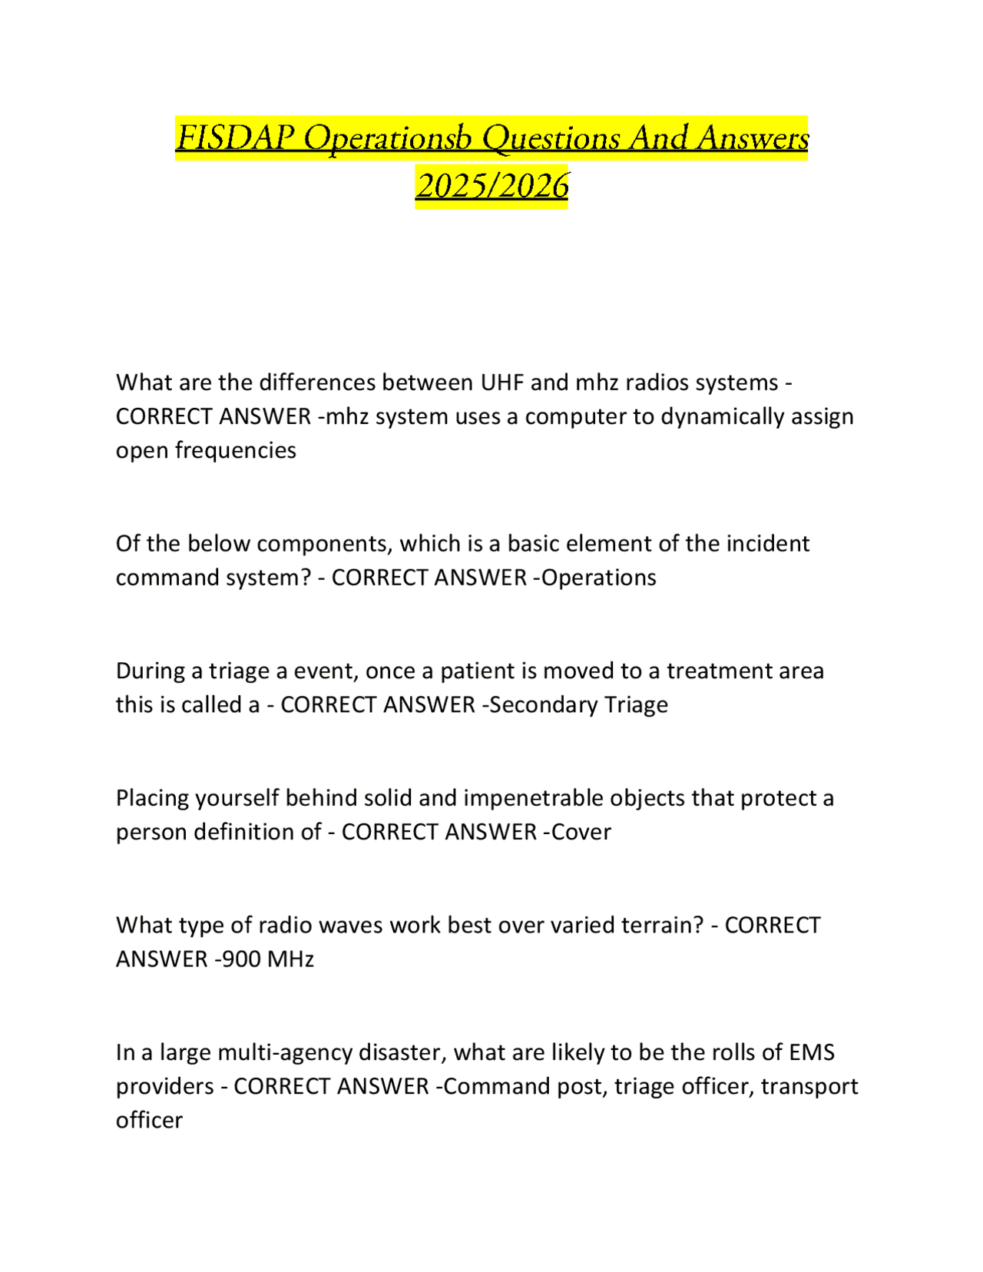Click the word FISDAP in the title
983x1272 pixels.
pos(235,138)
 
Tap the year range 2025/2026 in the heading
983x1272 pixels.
pos(491,186)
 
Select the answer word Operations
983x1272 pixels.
pos(599,578)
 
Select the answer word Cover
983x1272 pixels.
pos(581,832)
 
